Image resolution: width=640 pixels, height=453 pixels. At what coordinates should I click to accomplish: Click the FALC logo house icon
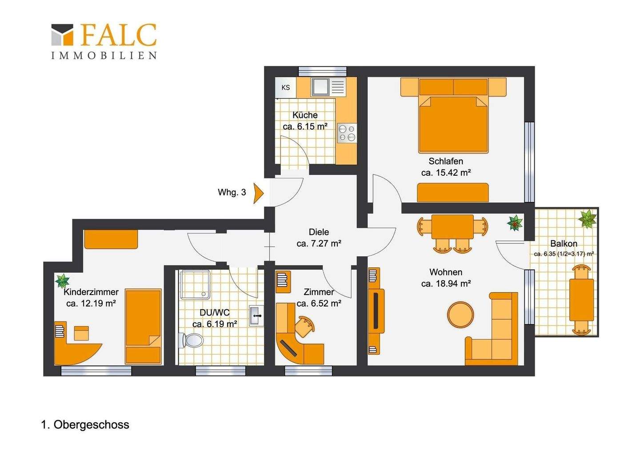tap(62, 35)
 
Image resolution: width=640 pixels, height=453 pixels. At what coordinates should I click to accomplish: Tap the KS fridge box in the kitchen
tap(286, 88)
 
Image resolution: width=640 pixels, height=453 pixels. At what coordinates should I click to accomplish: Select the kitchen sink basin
tap(320, 87)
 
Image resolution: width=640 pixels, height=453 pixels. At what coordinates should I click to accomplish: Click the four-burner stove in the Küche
tap(347, 133)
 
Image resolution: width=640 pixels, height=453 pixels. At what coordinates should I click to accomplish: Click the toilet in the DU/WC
tap(191, 340)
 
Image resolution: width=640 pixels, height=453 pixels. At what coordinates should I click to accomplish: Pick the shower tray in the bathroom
tap(195, 284)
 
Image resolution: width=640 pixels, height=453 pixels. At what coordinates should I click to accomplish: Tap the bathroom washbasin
tap(256, 316)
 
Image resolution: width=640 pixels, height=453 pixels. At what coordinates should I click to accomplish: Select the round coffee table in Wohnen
tap(460, 315)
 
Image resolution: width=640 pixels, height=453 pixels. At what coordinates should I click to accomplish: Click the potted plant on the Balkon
tap(587, 219)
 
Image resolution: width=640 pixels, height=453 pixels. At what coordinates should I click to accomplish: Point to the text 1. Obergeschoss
tap(85, 425)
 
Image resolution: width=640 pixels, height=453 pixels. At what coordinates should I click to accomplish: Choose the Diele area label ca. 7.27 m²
tap(319, 243)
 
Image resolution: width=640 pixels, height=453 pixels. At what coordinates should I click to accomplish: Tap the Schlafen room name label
tap(446, 161)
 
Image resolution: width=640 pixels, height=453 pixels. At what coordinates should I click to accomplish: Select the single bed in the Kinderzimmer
tap(143, 327)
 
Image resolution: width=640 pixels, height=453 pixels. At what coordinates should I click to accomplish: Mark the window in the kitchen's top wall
tap(322, 71)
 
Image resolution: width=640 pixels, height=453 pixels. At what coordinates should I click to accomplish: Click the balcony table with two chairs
tap(581, 300)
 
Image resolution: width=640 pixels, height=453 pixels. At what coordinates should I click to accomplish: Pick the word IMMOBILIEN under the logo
tap(104, 55)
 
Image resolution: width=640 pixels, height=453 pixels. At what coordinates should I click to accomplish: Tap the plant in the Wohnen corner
tap(515, 223)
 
